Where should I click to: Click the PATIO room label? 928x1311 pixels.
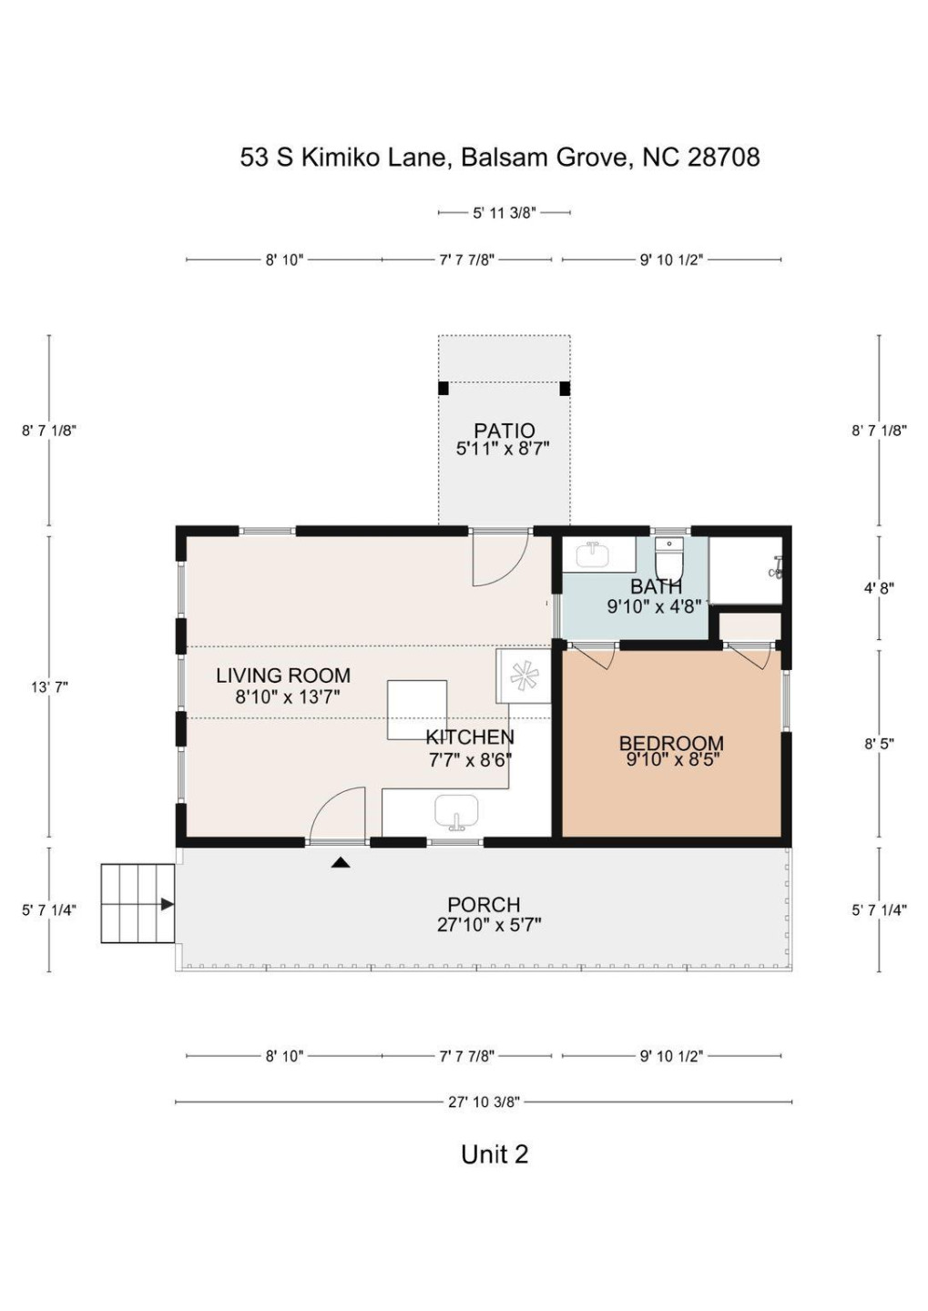pos(504,430)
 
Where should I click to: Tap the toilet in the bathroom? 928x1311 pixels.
pos(668,556)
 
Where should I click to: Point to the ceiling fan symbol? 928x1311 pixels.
pos(524,676)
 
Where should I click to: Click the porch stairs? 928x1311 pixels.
pos(138,903)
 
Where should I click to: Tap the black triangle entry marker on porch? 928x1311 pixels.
pos(341,862)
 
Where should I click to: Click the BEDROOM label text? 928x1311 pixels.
pos(671,743)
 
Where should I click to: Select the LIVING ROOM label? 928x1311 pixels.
pos(283,676)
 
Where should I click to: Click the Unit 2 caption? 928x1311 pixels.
pos(495,1154)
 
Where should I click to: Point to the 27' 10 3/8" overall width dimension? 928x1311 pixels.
pos(484,1102)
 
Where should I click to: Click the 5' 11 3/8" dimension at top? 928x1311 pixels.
pos(504,213)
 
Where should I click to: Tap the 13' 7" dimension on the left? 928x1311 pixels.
pos(49,687)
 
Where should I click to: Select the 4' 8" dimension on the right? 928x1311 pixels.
pos(879,588)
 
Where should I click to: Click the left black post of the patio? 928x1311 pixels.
pos(444,388)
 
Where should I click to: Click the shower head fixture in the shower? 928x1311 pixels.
pos(776,569)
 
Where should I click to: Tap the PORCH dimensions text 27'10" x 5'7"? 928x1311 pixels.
pos(489,925)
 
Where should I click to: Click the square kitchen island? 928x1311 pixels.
pos(417,709)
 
